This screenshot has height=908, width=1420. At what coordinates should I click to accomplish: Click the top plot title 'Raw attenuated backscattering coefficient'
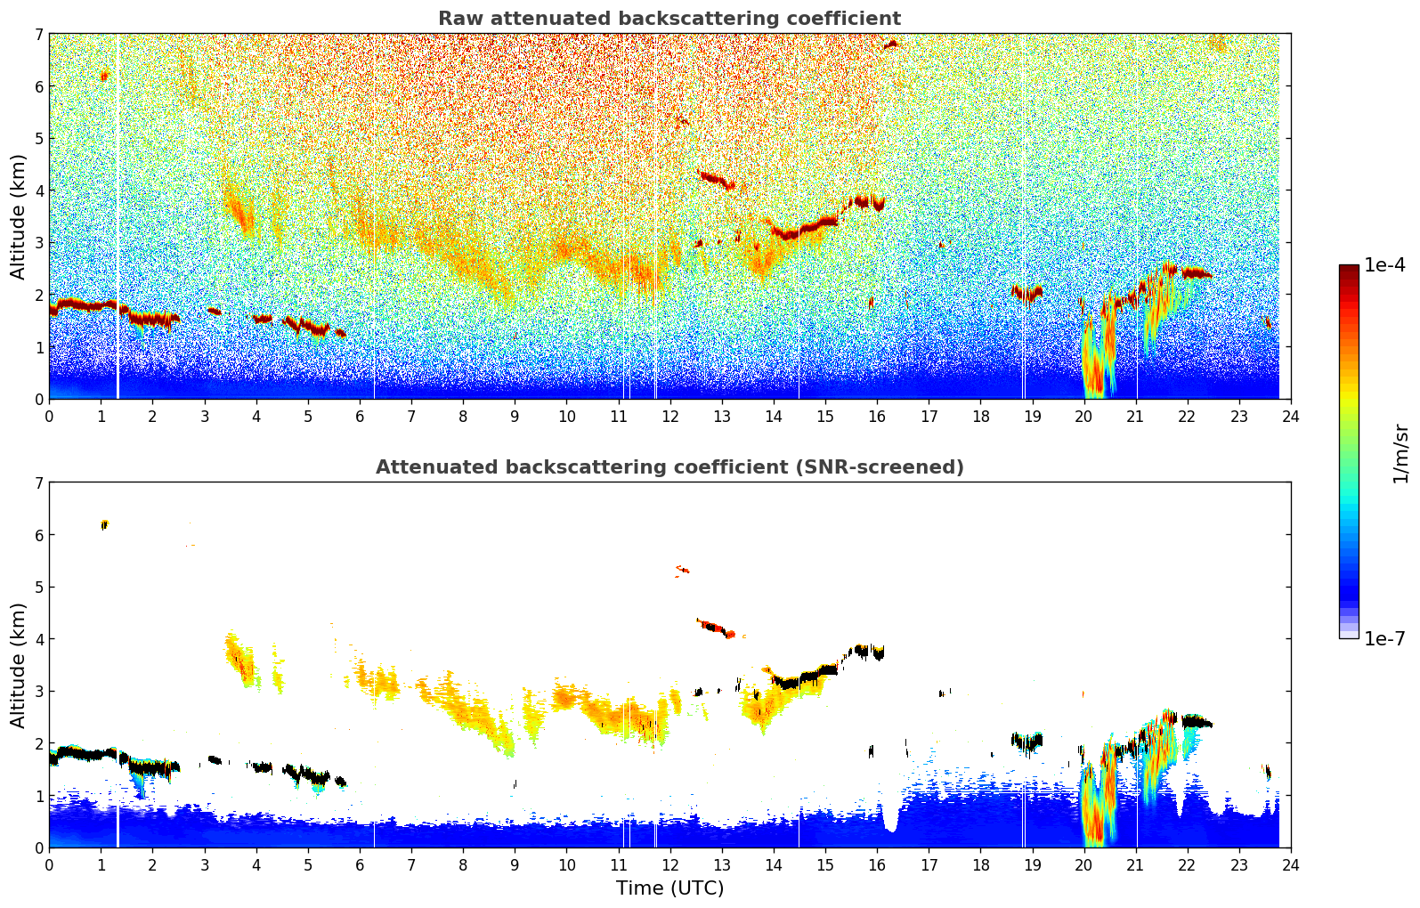669,19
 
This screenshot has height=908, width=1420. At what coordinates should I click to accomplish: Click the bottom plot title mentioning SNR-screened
669,467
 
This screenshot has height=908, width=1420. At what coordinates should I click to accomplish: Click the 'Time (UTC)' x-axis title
669,888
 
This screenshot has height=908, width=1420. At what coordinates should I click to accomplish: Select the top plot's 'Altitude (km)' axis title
18,216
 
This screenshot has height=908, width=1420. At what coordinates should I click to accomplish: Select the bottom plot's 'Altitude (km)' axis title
18,665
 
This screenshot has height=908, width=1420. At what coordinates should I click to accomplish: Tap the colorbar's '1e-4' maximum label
1384,265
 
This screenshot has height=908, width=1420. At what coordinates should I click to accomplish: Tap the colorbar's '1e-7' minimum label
1384,638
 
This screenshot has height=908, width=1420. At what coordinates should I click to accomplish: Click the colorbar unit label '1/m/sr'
1400,454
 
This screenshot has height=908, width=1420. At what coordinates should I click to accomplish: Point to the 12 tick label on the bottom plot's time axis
669,865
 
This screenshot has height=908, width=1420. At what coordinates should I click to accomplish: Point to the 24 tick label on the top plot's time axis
1290,417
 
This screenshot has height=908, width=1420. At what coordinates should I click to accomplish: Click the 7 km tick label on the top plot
38,35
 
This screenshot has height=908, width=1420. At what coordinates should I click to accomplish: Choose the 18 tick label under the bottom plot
980,865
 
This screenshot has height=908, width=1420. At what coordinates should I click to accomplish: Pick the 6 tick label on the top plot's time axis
360,417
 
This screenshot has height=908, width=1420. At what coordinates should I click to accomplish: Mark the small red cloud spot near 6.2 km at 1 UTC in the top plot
104,77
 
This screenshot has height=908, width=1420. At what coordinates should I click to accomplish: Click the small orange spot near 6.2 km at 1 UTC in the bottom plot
104,524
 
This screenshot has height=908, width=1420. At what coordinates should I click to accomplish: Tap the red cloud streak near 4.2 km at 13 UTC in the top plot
715,180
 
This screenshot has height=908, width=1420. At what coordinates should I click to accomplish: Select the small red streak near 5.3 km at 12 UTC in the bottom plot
683,569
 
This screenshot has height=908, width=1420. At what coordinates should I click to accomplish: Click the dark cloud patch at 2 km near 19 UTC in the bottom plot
1027,741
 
